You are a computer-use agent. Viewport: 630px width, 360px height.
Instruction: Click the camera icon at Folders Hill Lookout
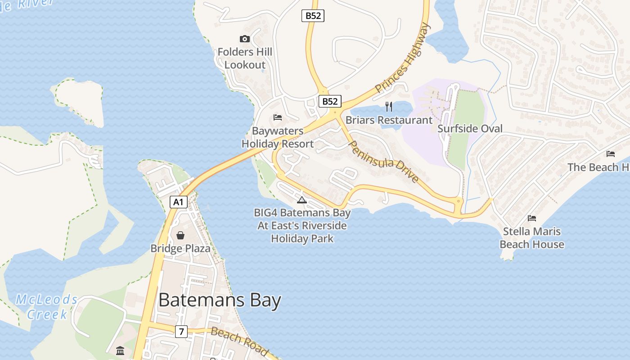point(245,39)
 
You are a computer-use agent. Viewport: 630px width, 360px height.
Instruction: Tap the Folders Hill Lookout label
point(245,58)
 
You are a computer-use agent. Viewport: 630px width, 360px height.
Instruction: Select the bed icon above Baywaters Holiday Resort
point(278,118)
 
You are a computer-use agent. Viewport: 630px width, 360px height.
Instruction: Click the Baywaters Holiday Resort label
point(277,138)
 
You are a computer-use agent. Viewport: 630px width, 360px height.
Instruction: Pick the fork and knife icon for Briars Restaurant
point(389,107)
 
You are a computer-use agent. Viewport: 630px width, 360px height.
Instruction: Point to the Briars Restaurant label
point(389,120)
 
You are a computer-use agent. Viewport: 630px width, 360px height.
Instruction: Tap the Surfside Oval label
point(470,129)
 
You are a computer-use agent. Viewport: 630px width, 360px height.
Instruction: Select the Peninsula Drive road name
point(383,161)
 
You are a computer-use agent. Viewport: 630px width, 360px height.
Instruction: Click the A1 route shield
point(179,202)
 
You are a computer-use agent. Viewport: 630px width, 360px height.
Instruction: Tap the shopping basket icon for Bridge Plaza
point(180,235)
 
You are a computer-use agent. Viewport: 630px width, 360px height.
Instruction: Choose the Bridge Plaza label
point(180,248)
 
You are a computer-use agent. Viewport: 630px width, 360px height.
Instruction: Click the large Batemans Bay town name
point(220,300)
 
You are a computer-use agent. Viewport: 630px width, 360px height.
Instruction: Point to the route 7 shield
point(181,332)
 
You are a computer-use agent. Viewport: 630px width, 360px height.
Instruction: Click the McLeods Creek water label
point(47,307)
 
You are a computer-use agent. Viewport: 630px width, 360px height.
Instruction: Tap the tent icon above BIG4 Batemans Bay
point(302,200)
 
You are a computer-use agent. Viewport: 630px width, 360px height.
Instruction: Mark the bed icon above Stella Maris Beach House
point(532,218)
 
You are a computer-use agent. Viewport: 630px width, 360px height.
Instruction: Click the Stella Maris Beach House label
point(532,238)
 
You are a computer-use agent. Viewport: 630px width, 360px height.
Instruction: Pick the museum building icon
point(120,351)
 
